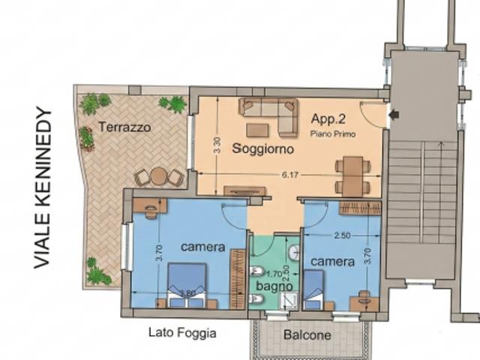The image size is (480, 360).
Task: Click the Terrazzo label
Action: tap(124, 127)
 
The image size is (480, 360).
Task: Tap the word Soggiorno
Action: tap(263, 148)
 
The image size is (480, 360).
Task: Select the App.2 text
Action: tap(328, 118)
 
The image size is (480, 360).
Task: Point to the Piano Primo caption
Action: tap(333, 134)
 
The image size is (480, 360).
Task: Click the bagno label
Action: tap(274, 286)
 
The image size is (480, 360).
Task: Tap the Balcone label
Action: tap(307, 335)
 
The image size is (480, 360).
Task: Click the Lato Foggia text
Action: tap(182, 333)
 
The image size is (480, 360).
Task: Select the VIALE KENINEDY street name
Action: tap(42, 187)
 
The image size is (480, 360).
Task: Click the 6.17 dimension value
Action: tap(290, 175)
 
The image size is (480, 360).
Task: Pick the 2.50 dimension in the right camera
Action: tap(342, 235)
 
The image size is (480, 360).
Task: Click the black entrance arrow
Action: tap(394, 115)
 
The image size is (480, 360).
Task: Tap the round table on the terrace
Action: tap(158, 176)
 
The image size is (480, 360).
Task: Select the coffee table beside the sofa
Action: tap(257, 130)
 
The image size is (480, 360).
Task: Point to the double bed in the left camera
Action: tap(187, 286)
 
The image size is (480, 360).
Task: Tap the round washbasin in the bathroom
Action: tap(294, 253)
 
